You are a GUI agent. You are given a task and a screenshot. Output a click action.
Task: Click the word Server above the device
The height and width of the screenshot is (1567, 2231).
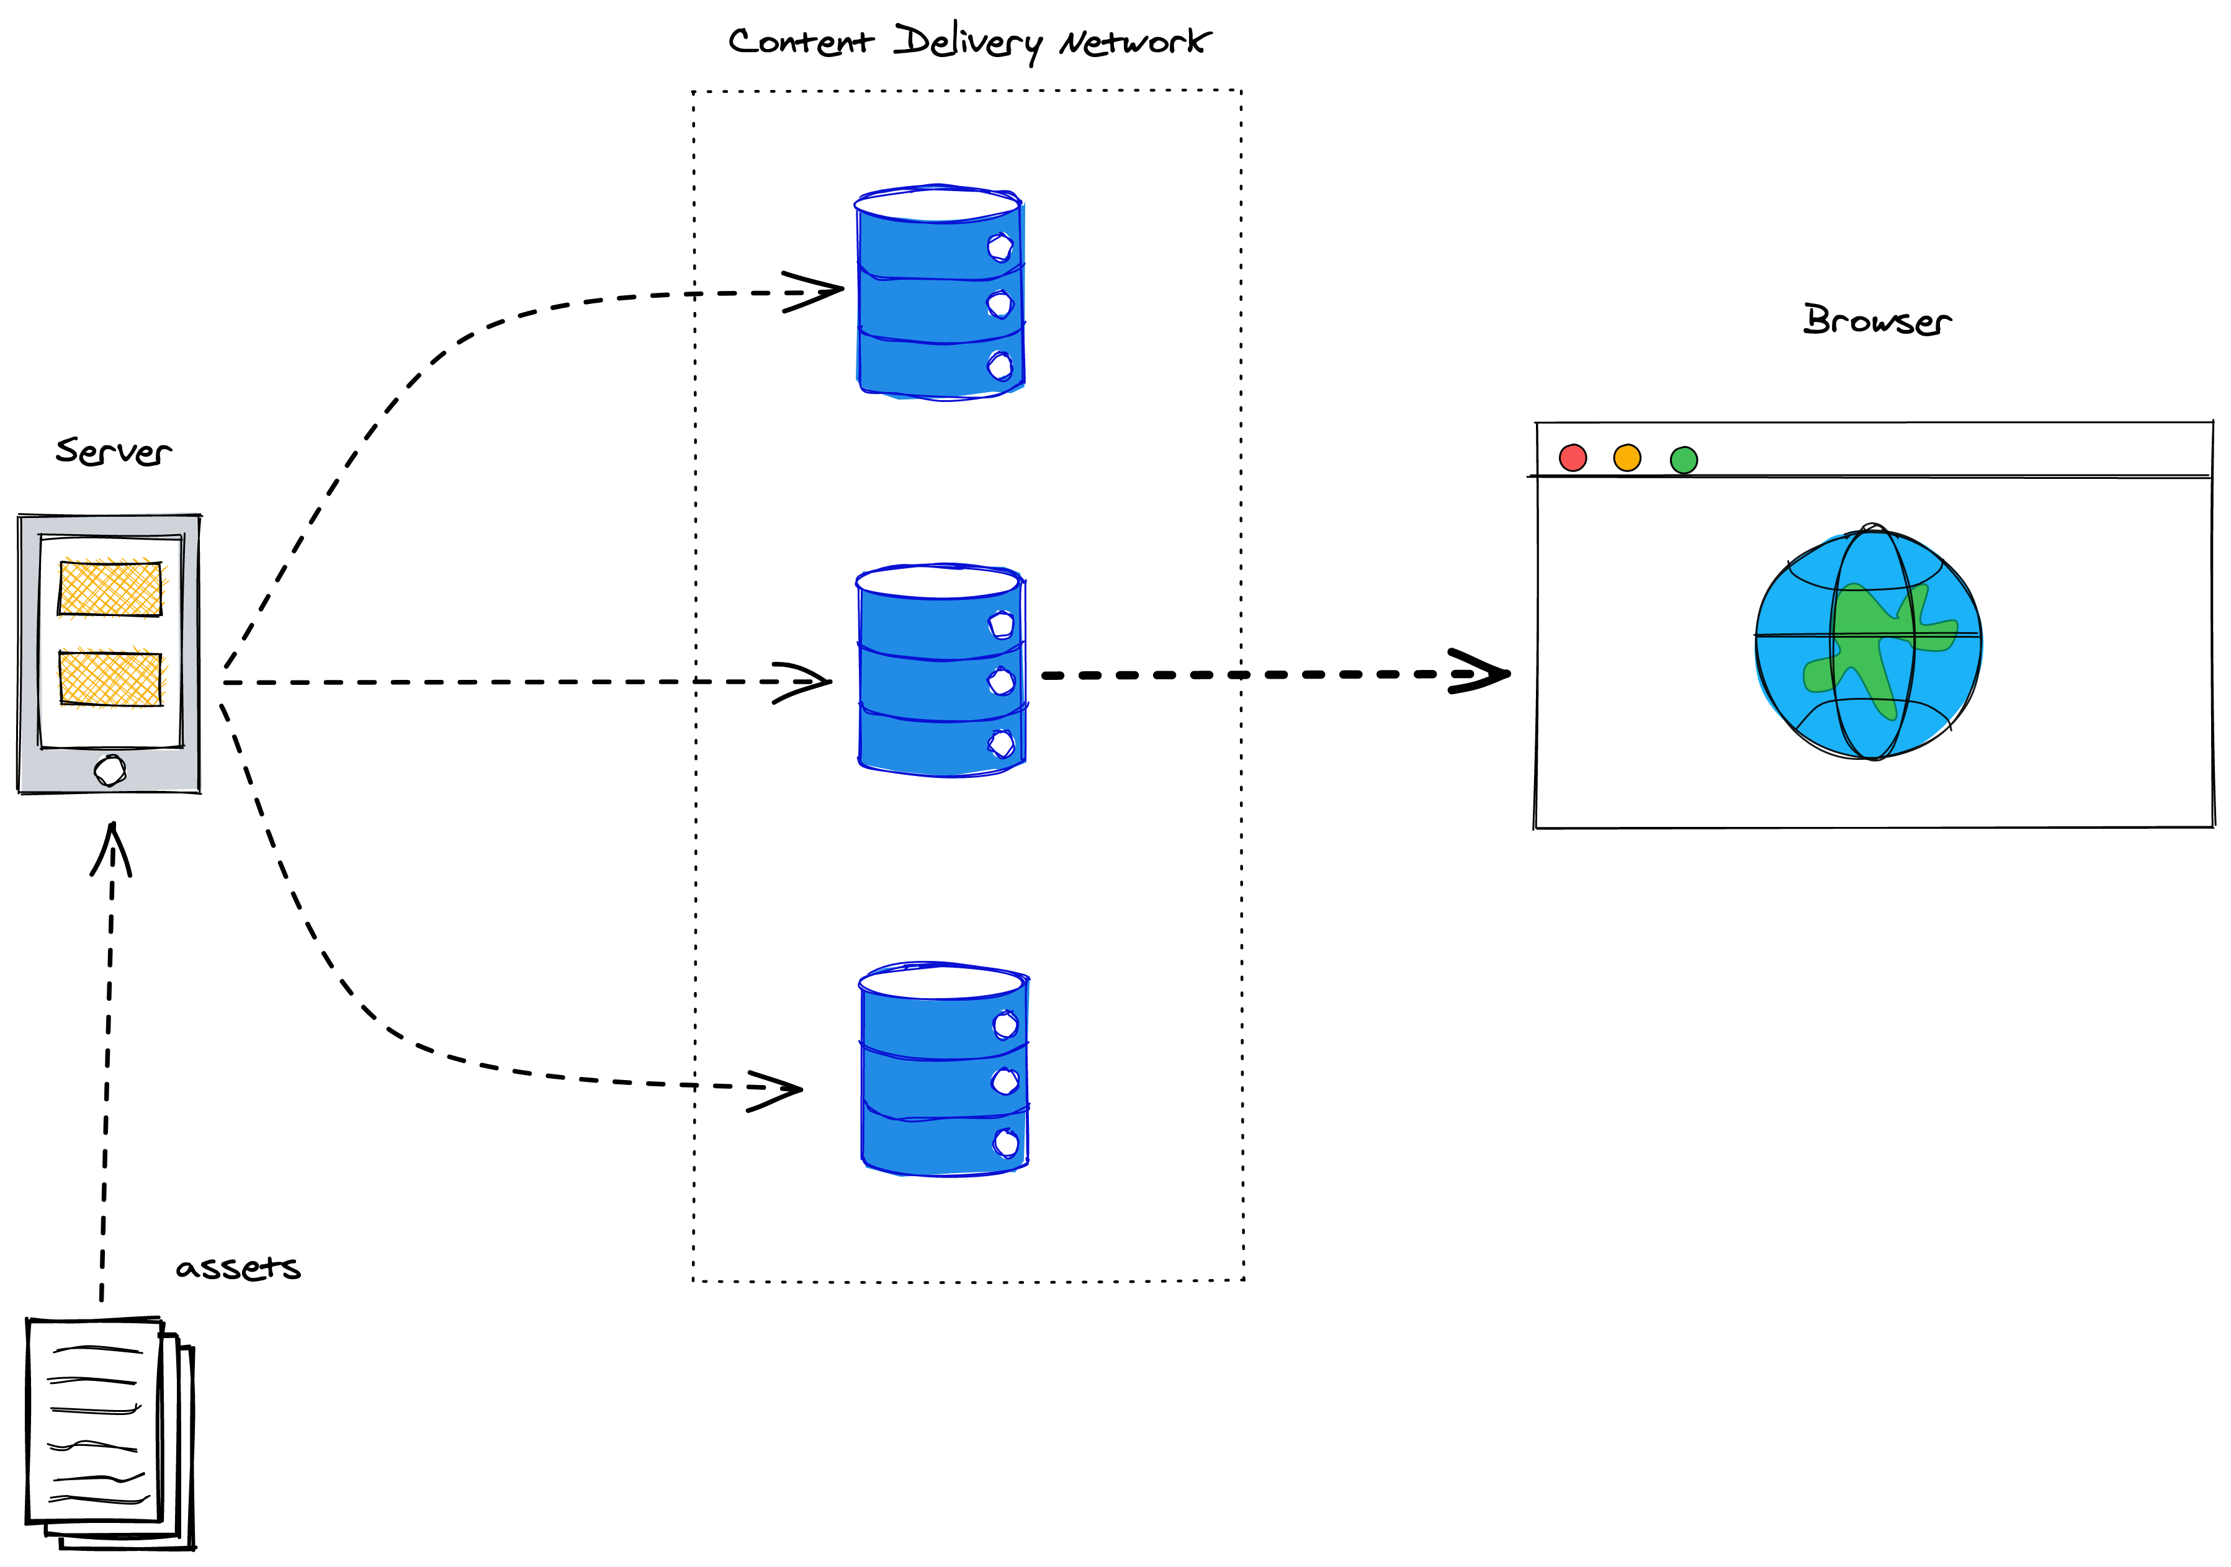113,452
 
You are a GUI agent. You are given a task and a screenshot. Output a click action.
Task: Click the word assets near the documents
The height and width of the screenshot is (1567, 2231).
238,1268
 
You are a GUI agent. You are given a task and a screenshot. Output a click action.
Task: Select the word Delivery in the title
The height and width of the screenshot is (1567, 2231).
967,42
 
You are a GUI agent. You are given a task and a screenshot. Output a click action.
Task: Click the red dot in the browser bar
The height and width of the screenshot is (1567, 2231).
1572,458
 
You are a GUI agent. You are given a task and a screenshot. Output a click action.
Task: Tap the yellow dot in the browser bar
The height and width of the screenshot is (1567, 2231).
1627,458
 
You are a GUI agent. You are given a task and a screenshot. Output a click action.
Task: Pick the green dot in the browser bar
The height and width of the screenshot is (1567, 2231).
1683,460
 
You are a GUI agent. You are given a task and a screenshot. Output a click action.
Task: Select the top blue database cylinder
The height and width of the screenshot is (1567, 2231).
940,292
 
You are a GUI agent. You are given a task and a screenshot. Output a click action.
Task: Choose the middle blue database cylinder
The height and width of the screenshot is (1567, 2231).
941,671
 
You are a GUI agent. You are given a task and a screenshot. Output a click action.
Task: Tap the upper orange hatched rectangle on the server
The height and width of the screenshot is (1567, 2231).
110,587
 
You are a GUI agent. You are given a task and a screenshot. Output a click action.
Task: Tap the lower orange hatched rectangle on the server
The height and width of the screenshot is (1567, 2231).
110,678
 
